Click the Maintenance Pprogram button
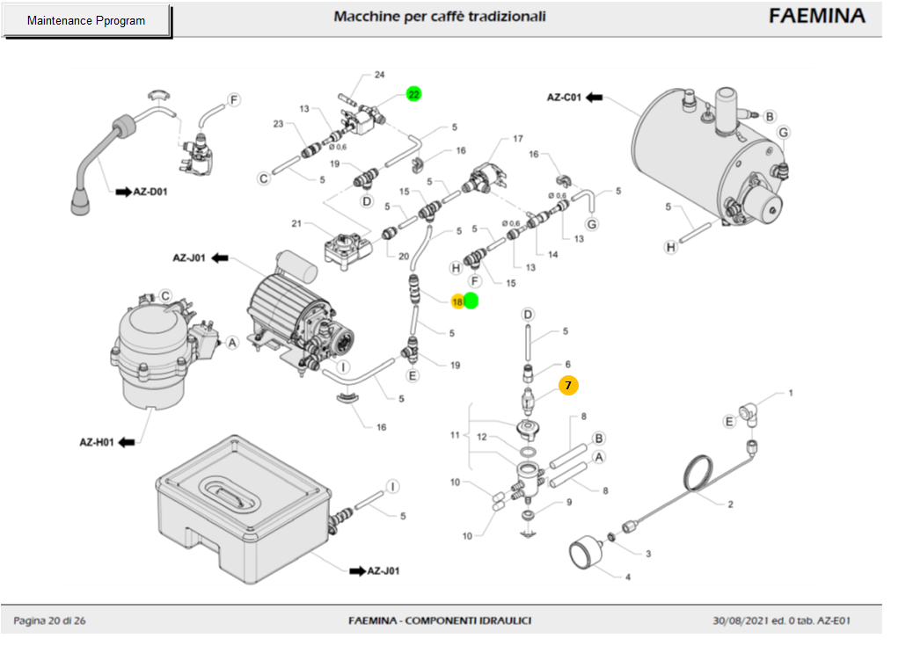(x=86, y=20)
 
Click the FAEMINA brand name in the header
(x=817, y=17)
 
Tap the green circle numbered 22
(x=413, y=94)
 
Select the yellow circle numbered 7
(x=568, y=385)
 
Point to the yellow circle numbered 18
(x=457, y=301)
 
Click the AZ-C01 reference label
(x=565, y=98)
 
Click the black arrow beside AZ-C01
(x=595, y=98)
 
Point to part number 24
(x=379, y=75)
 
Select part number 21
(x=321, y=221)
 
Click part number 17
(x=517, y=139)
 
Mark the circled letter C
(x=262, y=178)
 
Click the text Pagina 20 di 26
(x=49, y=621)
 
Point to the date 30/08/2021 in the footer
(x=741, y=621)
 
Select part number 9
(x=568, y=503)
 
